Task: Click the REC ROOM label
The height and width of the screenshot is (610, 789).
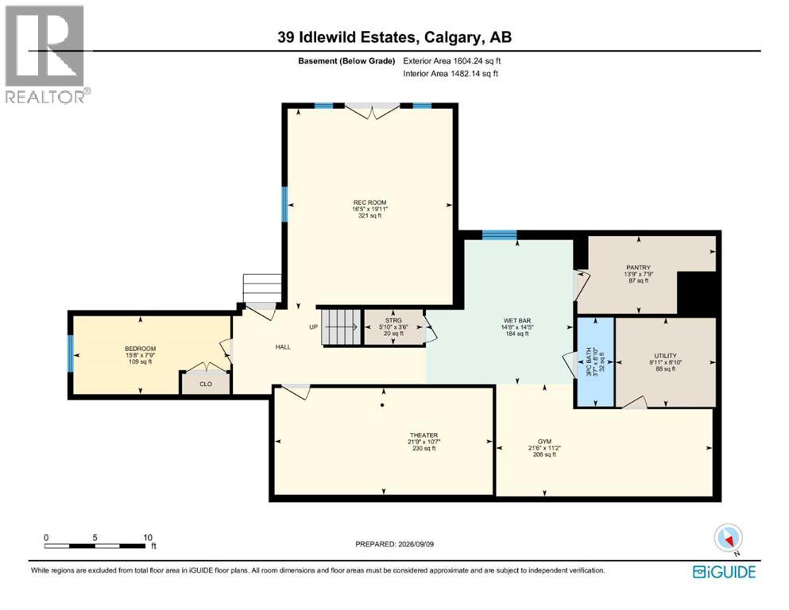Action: (x=369, y=203)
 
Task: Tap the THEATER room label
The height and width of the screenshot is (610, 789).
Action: (x=424, y=435)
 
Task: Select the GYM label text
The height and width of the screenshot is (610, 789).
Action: (x=544, y=442)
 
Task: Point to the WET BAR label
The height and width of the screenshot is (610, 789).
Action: (x=517, y=320)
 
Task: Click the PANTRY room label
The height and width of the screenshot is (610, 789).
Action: (x=639, y=268)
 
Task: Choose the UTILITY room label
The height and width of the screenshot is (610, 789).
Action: (x=666, y=356)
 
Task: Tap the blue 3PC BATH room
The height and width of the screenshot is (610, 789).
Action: (x=595, y=361)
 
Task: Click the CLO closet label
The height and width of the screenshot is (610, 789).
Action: (x=206, y=384)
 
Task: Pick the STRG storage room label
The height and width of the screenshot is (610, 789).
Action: (x=393, y=320)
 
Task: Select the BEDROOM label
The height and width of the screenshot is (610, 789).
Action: (x=141, y=349)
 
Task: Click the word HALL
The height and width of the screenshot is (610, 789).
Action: (x=283, y=346)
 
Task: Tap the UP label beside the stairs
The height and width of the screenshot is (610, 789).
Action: (x=314, y=327)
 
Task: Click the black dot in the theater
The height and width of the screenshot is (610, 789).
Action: (x=382, y=405)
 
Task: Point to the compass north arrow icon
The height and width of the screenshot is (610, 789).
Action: (x=728, y=539)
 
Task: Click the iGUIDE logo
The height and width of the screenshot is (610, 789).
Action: (x=724, y=572)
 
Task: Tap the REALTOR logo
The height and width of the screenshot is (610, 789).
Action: (x=46, y=54)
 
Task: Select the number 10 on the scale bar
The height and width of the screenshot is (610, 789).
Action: (x=148, y=538)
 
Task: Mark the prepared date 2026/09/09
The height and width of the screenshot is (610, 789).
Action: (x=416, y=544)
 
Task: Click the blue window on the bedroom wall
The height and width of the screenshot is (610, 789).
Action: (x=71, y=354)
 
